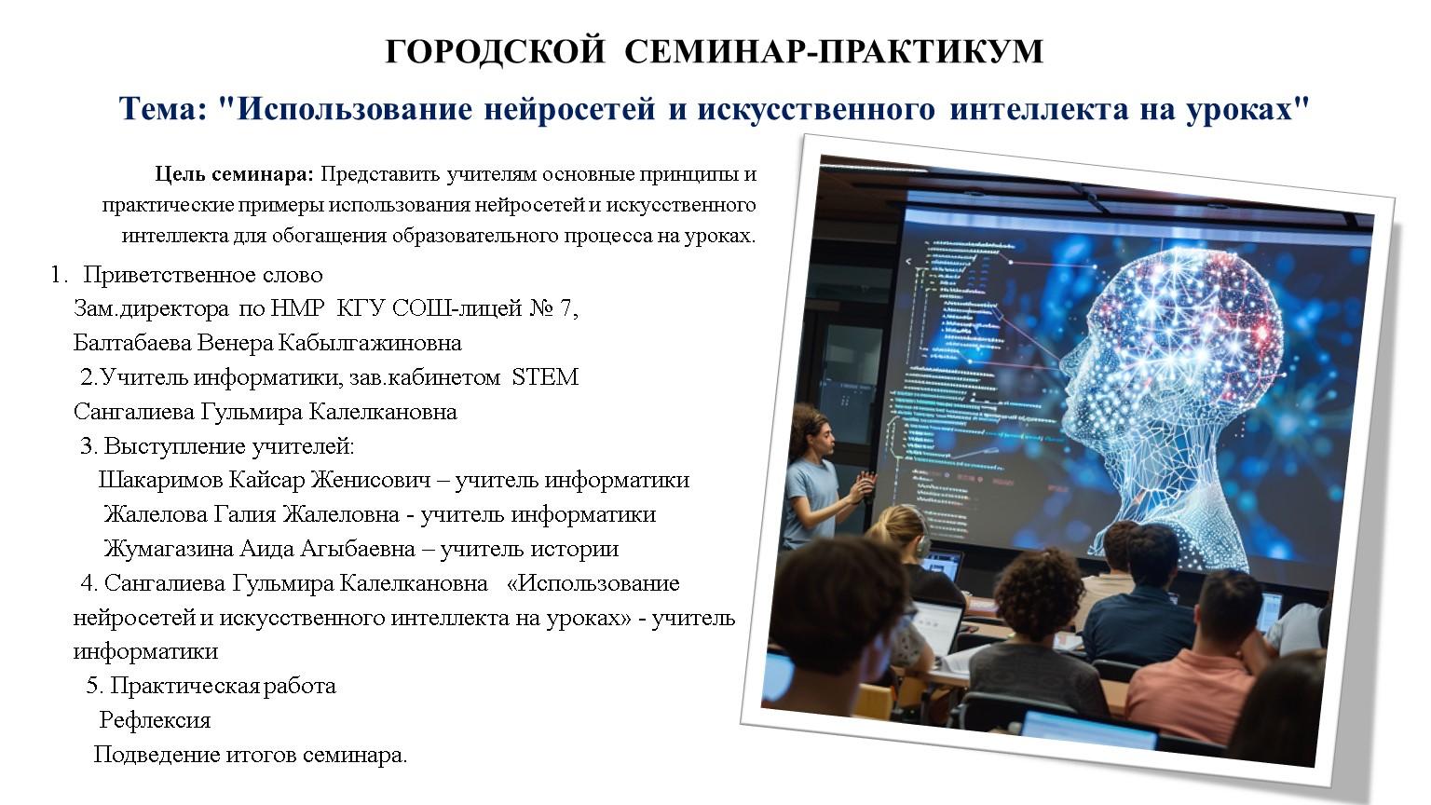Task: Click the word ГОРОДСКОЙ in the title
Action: point(495,51)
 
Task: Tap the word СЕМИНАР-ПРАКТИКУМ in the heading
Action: point(834,51)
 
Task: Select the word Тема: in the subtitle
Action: point(163,109)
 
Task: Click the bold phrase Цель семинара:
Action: point(235,174)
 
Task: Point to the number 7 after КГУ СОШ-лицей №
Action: point(566,308)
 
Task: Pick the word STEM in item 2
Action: point(545,377)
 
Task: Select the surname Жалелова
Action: point(156,514)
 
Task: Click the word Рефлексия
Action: point(155,720)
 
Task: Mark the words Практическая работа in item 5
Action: point(223,686)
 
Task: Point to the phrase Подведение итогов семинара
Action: point(251,756)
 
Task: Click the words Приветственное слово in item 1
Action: point(203,276)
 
